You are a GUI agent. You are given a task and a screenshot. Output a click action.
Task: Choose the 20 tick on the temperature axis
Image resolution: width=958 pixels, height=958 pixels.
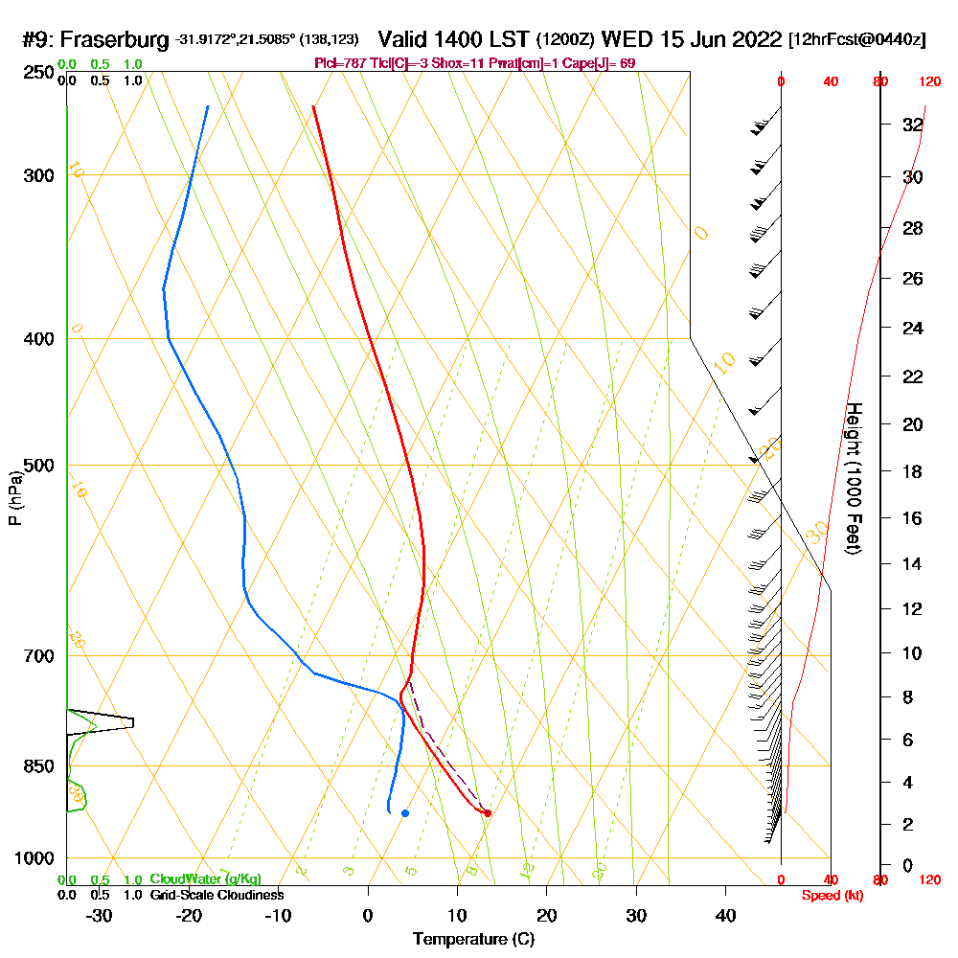(547, 915)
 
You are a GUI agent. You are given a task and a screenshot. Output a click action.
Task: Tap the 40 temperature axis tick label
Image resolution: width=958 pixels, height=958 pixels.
(725, 915)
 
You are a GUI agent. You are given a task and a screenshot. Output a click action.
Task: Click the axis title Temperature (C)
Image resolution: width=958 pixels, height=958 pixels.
(473, 940)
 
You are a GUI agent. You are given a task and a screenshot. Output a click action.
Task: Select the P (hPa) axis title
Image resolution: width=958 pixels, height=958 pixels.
(14, 498)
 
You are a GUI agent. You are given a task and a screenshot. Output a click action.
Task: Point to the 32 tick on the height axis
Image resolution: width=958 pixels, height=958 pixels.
(912, 125)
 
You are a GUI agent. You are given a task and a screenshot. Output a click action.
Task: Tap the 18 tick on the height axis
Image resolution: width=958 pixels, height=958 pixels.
(912, 471)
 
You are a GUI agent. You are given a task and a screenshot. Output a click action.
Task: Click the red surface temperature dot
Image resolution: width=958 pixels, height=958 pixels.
(488, 813)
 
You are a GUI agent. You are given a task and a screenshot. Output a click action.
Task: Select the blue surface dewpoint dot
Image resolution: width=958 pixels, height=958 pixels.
(405, 813)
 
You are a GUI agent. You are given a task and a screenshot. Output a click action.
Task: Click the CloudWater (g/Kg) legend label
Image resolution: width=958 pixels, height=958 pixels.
(205, 879)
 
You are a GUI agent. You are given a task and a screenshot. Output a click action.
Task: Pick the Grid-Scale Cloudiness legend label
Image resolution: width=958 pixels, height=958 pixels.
(217, 895)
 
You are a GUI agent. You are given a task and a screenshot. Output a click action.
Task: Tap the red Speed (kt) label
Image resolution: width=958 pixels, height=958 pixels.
(831, 895)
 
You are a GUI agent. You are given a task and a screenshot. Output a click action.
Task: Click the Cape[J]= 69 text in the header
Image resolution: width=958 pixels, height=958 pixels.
(604, 63)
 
